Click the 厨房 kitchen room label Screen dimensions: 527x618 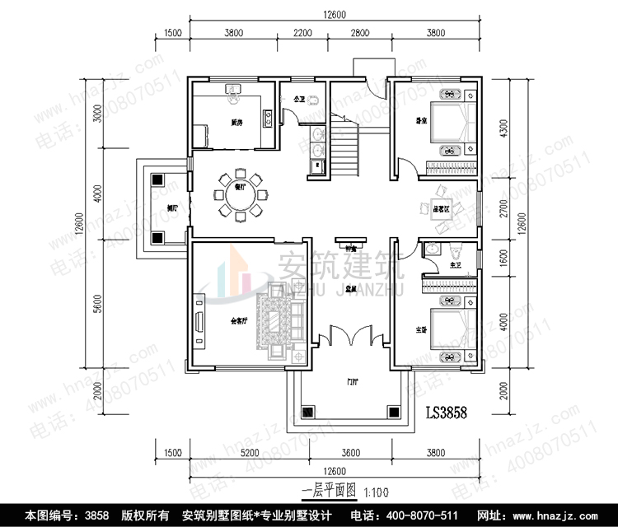(x=236, y=123)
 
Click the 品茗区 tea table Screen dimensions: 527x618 (x=441, y=209)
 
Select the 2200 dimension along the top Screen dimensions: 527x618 (x=302, y=33)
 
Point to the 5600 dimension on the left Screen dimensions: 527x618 (x=97, y=305)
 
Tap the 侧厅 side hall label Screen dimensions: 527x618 (x=172, y=208)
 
